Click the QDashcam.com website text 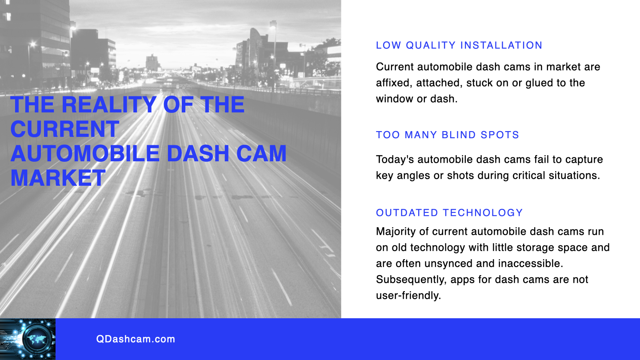click(136, 339)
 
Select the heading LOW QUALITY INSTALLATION click(459, 45)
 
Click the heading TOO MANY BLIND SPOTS click(448, 135)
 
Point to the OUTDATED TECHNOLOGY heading click(449, 213)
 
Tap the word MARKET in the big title click(58, 178)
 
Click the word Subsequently click(411, 280)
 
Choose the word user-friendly click(408, 296)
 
